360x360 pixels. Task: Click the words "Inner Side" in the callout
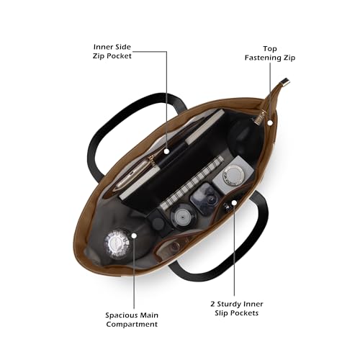pyautogui.click(x=112, y=47)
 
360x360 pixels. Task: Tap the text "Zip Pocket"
pyautogui.click(x=112, y=56)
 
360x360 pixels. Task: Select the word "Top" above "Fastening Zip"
pyautogui.click(x=270, y=49)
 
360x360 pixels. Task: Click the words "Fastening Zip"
pyautogui.click(x=270, y=58)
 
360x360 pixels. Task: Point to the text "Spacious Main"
pyautogui.click(x=132, y=315)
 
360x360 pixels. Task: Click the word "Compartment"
pyautogui.click(x=132, y=324)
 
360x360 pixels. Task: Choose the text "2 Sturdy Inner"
pyautogui.click(x=237, y=304)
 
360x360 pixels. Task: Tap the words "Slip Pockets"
pyautogui.click(x=237, y=313)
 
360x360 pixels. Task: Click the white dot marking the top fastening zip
pyautogui.click(x=270, y=123)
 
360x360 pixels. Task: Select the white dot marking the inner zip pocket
pyautogui.click(x=166, y=151)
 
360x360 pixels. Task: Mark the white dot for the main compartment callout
pyautogui.click(x=134, y=235)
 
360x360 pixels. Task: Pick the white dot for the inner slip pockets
pyautogui.click(x=234, y=202)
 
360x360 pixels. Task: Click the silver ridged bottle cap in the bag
pyautogui.click(x=117, y=244)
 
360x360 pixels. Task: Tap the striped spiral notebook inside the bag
pyautogui.click(x=192, y=183)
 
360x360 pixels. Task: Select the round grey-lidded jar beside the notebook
pyautogui.click(x=183, y=216)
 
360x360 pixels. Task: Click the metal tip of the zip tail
pyautogui.click(x=286, y=82)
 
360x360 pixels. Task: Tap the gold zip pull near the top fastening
pyautogui.click(x=261, y=118)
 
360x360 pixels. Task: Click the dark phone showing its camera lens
pyautogui.click(x=204, y=199)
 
